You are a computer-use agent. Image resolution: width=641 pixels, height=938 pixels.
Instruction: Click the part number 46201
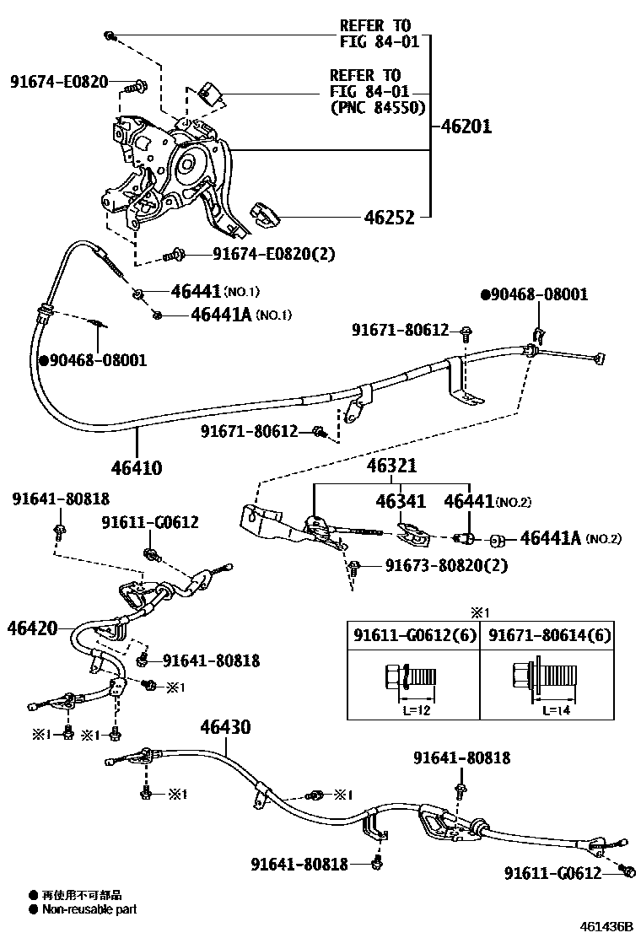(466, 127)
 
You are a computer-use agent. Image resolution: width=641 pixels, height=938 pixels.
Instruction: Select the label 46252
(389, 218)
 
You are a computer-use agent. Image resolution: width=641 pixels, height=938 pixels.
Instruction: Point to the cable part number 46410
(136, 467)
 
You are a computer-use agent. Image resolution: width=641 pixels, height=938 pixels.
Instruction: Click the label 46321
(391, 466)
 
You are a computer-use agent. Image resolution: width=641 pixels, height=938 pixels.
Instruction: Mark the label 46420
(33, 628)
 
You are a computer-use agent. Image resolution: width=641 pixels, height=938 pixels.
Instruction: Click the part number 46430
(225, 726)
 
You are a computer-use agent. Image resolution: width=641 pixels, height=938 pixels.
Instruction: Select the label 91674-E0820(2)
(261, 253)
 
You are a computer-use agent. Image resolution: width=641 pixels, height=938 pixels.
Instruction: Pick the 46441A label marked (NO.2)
(550, 537)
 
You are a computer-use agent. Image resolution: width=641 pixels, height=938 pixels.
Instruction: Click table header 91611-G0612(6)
(412, 635)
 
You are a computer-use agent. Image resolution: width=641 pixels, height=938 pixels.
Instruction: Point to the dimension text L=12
(415, 709)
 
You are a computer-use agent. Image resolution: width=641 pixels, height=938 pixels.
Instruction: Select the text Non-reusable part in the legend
(89, 909)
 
